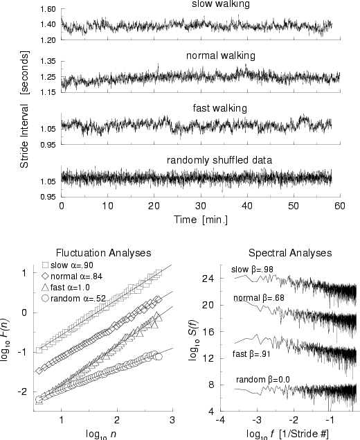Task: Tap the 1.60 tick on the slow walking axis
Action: pyautogui.click(x=47, y=10)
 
